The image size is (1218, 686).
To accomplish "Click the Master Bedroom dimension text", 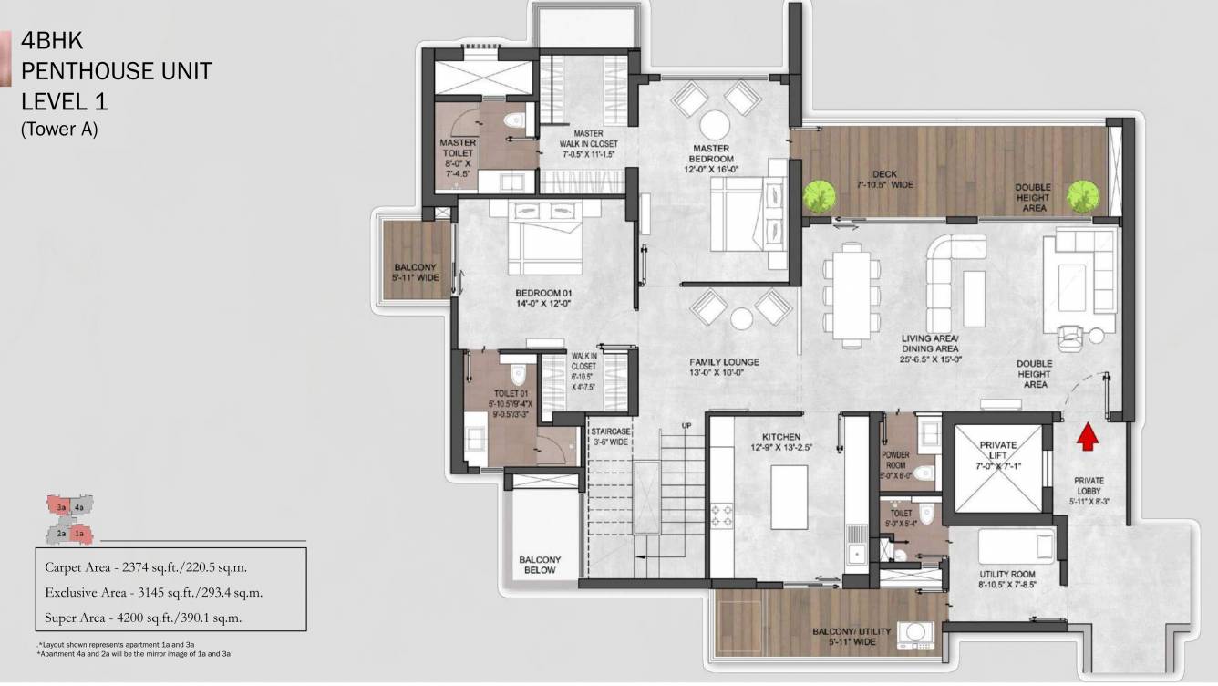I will (x=711, y=168).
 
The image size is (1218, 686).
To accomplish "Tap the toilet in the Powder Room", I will (x=924, y=472).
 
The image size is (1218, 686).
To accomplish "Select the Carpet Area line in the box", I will (x=146, y=566).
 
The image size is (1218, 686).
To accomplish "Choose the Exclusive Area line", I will (x=153, y=592).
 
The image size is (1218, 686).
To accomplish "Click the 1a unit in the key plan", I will (x=79, y=533).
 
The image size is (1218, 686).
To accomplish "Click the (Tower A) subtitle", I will (x=58, y=130).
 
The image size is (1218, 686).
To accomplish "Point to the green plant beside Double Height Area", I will (x=1082, y=195).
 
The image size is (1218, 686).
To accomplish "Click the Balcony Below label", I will (x=541, y=565).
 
